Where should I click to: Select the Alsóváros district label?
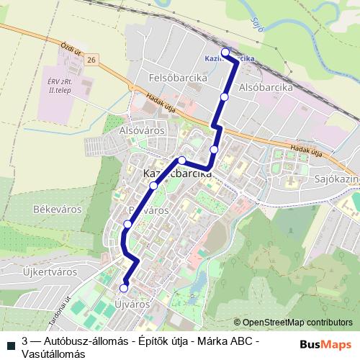143,130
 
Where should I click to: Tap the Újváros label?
132,305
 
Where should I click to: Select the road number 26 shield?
89,60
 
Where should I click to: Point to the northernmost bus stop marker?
225,52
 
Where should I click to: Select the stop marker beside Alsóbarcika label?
225,96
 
